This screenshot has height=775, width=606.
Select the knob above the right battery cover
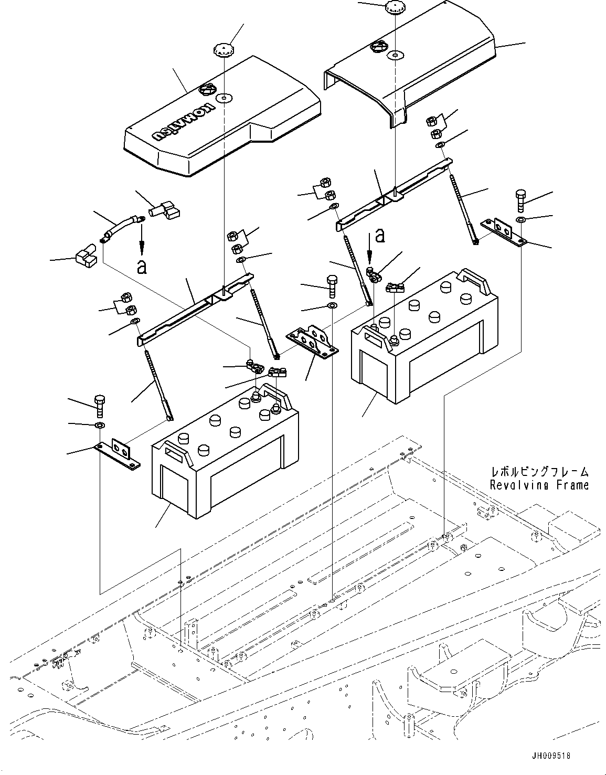coord(394,8)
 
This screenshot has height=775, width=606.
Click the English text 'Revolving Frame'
coord(539,485)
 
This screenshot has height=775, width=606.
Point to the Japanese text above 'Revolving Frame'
coord(539,472)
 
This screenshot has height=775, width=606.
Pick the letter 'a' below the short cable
coord(141,267)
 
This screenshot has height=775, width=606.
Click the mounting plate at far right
coord(504,232)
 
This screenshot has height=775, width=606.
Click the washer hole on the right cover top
coord(394,55)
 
